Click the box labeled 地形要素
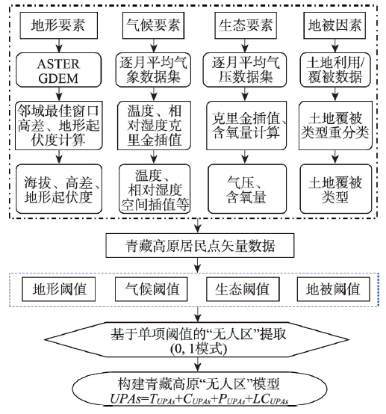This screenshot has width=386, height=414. point(59,25)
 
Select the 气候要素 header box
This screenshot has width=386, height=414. point(153,25)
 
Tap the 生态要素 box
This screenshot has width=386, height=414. point(246,25)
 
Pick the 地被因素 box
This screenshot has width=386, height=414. point(334,25)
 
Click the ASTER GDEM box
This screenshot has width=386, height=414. point(58,70)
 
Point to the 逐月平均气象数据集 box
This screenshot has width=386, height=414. point(153,70)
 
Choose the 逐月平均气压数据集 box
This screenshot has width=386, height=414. point(245,70)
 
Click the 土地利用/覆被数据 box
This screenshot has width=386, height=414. point(335,70)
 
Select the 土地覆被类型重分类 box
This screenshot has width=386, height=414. point(335,126)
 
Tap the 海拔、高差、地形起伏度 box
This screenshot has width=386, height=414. point(59,189)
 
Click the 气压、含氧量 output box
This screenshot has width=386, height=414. point(247,189)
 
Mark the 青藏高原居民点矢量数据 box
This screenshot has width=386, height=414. point(200,246)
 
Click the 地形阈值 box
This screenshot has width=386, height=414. point(58,289)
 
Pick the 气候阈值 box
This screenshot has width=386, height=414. point(151,289)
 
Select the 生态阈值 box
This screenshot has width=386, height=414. point(243,289)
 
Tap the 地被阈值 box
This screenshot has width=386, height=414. point(333,289)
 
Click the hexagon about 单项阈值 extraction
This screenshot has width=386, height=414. point(197,340)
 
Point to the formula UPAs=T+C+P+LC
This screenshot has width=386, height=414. point(199,399)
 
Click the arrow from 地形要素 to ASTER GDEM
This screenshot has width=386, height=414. point(59,46)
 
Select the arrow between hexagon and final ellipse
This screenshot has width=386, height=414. point(198,365)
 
